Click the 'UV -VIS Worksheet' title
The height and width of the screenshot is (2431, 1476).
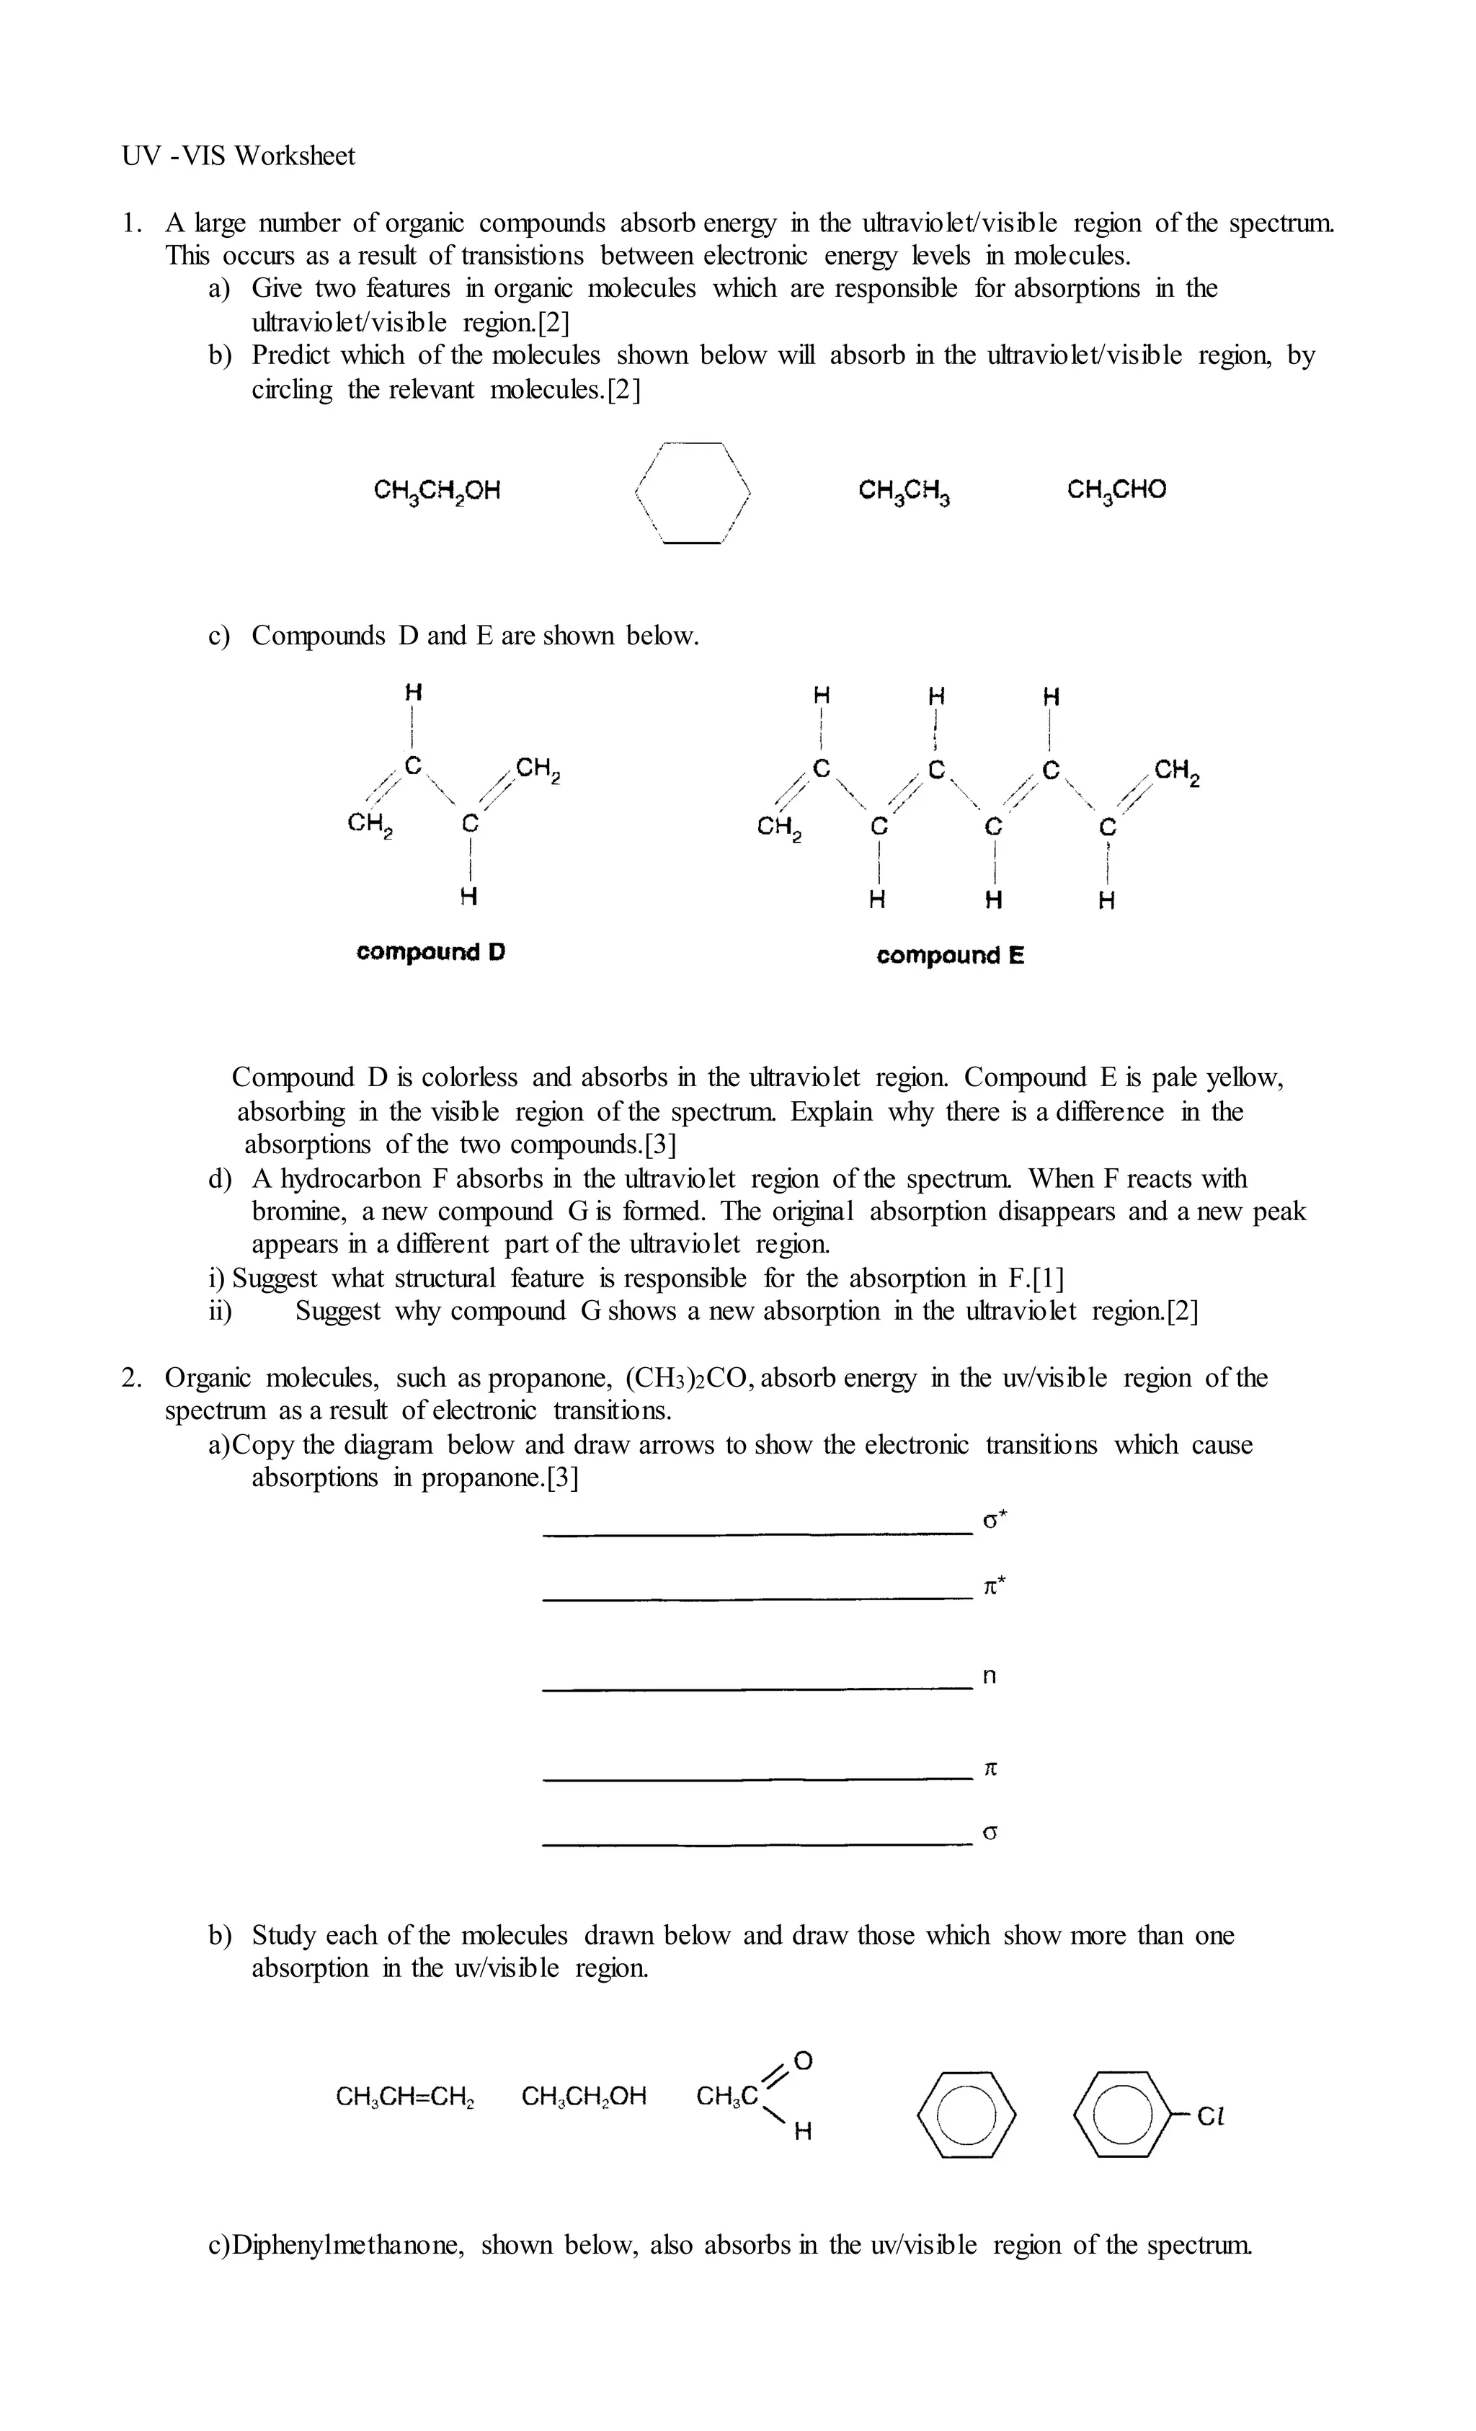tap(238, 156)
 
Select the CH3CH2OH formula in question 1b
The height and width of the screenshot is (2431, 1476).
tap(437, 490)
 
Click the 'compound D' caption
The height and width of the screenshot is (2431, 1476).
tap(431, 952)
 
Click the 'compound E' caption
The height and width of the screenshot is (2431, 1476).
tap(950, 955)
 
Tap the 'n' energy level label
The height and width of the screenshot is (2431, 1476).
tap(990, 1676)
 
